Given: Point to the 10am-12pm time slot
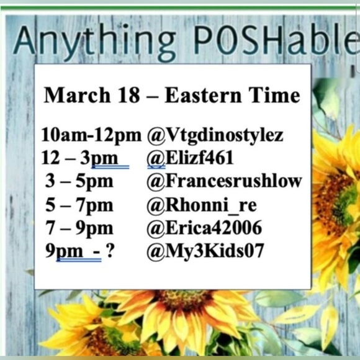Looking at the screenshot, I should pyautogui.click(x=92, y=134).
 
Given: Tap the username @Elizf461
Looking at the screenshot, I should pyautogui.click(x=190, y=158).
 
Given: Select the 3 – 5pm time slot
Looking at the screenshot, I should pyautogui.click(x=79, y=181).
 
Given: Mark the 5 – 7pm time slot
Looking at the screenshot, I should pyautogui.click(x=79, y=205).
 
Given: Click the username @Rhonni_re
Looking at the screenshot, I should pyautogui.click(x=201, y=205).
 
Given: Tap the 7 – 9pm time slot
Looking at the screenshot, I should pyautogui.click(x=79, y=228).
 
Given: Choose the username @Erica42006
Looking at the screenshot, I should pyautogui.click(x=204, y=228).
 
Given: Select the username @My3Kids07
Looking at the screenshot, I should pyautogui.click(x=205, y=251).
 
